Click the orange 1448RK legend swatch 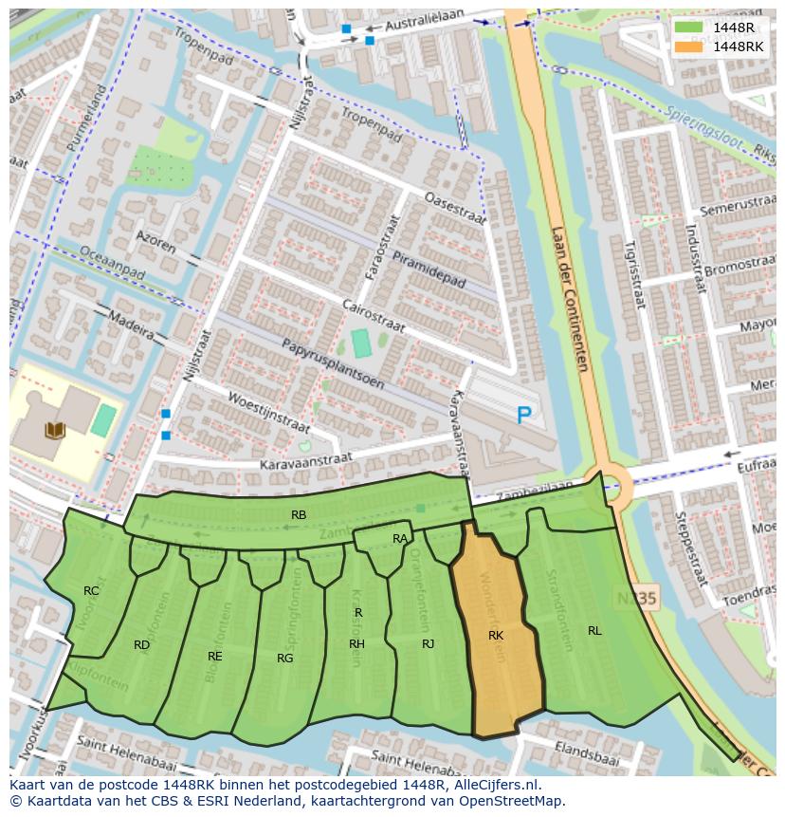689,46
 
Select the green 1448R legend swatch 689,28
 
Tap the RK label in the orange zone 496,636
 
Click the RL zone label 594,630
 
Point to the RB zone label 299,515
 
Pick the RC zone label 91,591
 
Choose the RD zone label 141,645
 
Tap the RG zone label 284,658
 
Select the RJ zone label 429,644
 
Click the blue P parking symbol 523,415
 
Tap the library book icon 55,431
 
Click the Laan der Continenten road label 569,299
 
